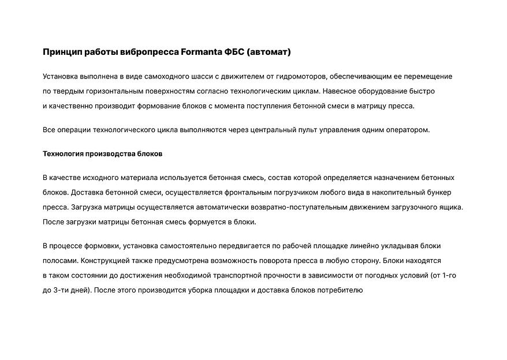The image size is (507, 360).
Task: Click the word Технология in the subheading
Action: tap(63, 154)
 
